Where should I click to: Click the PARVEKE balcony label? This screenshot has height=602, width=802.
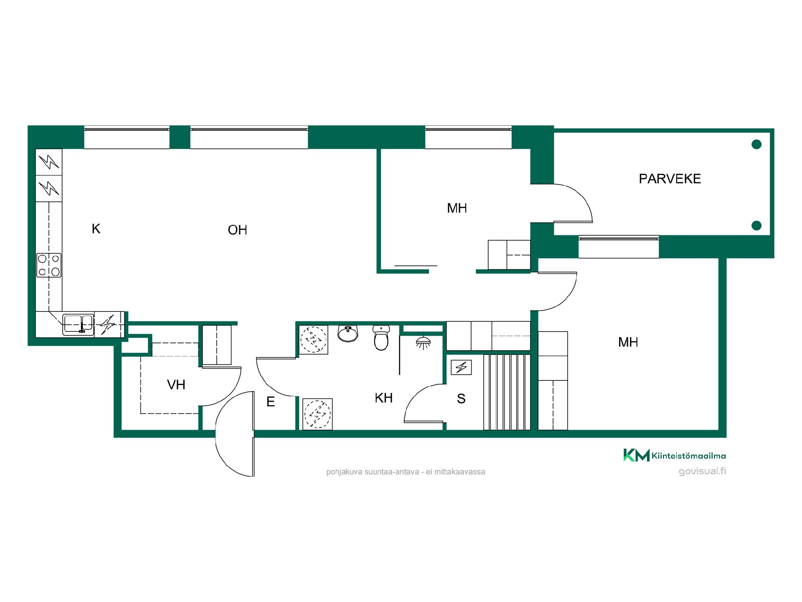(670, 179)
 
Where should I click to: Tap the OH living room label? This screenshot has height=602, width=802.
(237, 230)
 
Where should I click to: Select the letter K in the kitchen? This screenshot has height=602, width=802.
(96, 229)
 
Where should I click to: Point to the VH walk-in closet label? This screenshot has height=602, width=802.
(176, 385)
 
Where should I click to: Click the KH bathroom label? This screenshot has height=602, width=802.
(383, 398)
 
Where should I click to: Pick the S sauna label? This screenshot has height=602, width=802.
(461, 399)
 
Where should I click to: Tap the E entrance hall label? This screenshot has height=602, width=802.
(271, 402)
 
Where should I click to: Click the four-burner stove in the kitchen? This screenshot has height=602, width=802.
(49, 265)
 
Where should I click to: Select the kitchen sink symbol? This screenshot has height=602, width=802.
(78, 324)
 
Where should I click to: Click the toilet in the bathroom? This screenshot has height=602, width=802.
(381, 338)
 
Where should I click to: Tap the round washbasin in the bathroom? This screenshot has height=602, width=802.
(348, 334)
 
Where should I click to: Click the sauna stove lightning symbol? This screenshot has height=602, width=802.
(462, 367)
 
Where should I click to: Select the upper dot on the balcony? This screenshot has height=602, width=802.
(756, 145)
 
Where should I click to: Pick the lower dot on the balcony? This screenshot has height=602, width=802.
(756, 226)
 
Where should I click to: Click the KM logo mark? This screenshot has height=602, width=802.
(637, 455)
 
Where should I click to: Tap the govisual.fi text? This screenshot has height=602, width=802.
(702, 471)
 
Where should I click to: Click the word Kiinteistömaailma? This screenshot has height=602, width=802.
(689, 456)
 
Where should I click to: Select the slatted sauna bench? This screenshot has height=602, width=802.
(507, 392)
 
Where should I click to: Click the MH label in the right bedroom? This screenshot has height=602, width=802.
(628, 342)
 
